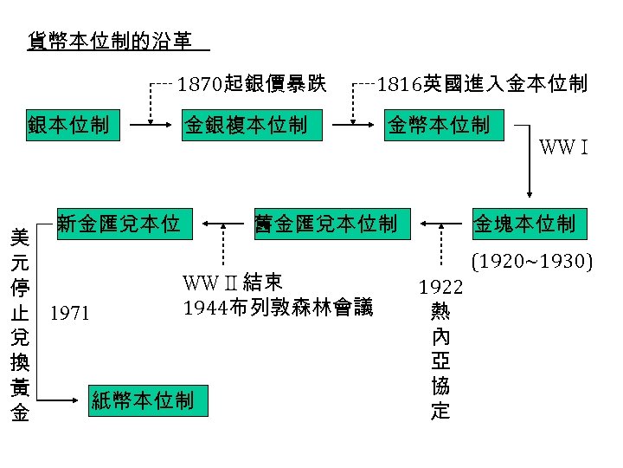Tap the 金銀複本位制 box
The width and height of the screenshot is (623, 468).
[x=245, y=126]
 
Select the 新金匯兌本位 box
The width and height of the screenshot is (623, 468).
[x=119, y=224]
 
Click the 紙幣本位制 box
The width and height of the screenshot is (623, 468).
[x=144, y=400]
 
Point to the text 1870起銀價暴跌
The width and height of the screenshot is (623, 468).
[x=252, y=84]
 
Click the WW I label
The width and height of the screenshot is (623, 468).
[x=565, y=146]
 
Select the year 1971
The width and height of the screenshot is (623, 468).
[x=70, y=313]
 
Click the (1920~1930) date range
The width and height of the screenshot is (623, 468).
[x=530, y=259]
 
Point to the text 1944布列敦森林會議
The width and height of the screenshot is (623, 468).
[x=279, y=307]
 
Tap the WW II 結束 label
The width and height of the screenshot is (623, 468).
[x=232, y=283]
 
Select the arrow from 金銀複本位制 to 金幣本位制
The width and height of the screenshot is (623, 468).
[x=354, y=126]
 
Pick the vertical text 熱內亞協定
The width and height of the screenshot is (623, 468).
[x=440, y=359]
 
